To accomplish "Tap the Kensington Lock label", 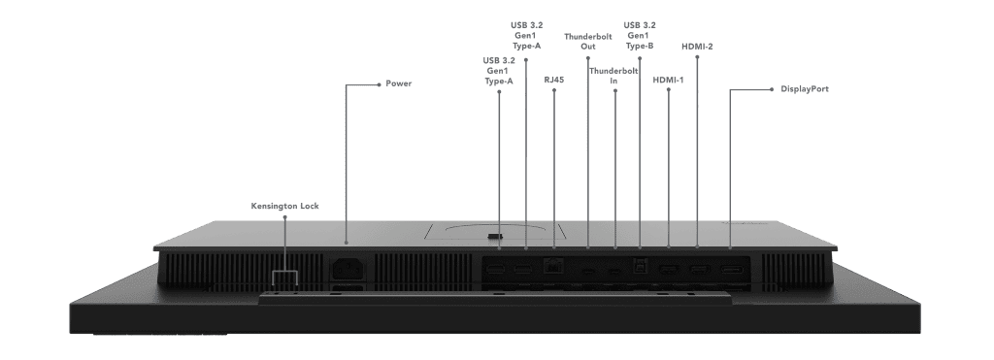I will coord(284,205).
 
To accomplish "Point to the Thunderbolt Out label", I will coord(588,41).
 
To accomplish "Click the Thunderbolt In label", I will coord(615,76).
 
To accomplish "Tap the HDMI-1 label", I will coord(670,81).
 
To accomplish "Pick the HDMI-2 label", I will coord(698,46).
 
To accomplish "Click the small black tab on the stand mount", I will coord(495,234).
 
